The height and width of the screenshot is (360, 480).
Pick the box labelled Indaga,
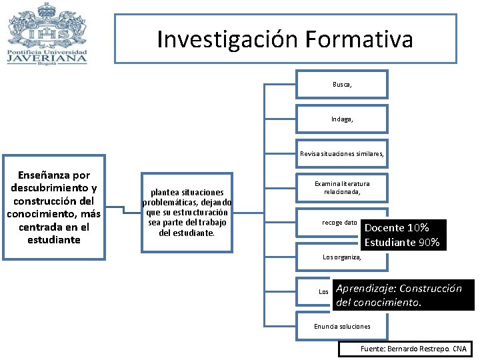(x=342, y=119)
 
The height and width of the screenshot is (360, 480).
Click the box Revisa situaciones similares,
(x=342, y=153)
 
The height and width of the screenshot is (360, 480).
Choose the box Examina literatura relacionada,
(x=342, y=188)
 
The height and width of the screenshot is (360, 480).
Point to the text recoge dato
(x=339, y=222)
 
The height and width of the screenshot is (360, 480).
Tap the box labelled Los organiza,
(x=342, y=257)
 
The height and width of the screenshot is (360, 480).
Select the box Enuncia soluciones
(x=342, y=326)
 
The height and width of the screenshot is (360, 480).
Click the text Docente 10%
(x=397, y=228)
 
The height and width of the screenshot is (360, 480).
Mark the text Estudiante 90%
(x=402, y=243)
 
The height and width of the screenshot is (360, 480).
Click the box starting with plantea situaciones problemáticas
(x=187, y=212)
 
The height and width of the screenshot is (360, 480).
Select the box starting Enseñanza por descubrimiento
(x=53, y=207)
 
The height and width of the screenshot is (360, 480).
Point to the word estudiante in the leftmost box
(x=53, y=239)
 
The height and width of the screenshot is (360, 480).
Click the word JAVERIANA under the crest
(x=47, y=58)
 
